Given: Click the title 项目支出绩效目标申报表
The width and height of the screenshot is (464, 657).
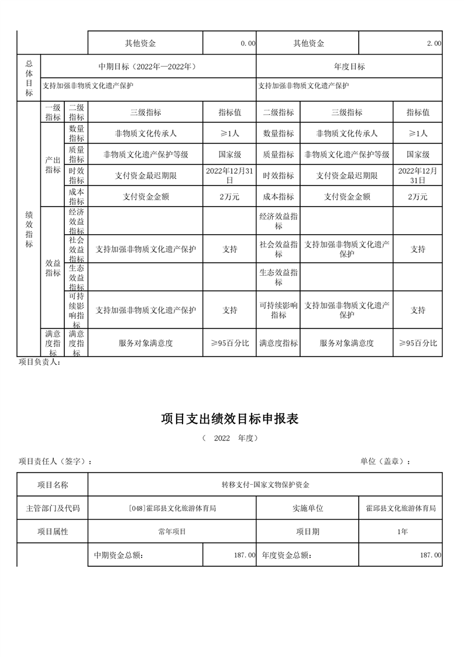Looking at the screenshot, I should point(230,419).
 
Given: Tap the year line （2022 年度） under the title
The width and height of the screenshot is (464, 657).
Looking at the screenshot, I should point(230,438).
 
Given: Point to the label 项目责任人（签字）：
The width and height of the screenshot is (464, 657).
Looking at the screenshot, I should point(55,461).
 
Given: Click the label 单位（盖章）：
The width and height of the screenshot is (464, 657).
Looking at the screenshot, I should point(385,461).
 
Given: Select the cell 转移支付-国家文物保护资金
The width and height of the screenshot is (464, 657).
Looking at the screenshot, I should point(265,485).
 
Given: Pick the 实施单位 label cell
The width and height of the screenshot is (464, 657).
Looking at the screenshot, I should point(308,508).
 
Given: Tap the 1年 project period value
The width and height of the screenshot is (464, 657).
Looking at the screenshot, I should point(401,532).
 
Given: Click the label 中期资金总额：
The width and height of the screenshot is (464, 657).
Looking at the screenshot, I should point(119,555).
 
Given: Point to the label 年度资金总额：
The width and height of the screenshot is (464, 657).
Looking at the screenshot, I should point(287,555).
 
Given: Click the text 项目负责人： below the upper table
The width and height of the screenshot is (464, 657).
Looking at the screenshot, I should point(40,362).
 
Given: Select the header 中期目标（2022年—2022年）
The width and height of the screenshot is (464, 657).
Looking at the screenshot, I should point(147,67).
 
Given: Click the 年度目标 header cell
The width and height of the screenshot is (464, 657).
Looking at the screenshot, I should point(350,67).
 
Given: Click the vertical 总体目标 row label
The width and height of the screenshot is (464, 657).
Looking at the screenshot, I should point(29,77).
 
